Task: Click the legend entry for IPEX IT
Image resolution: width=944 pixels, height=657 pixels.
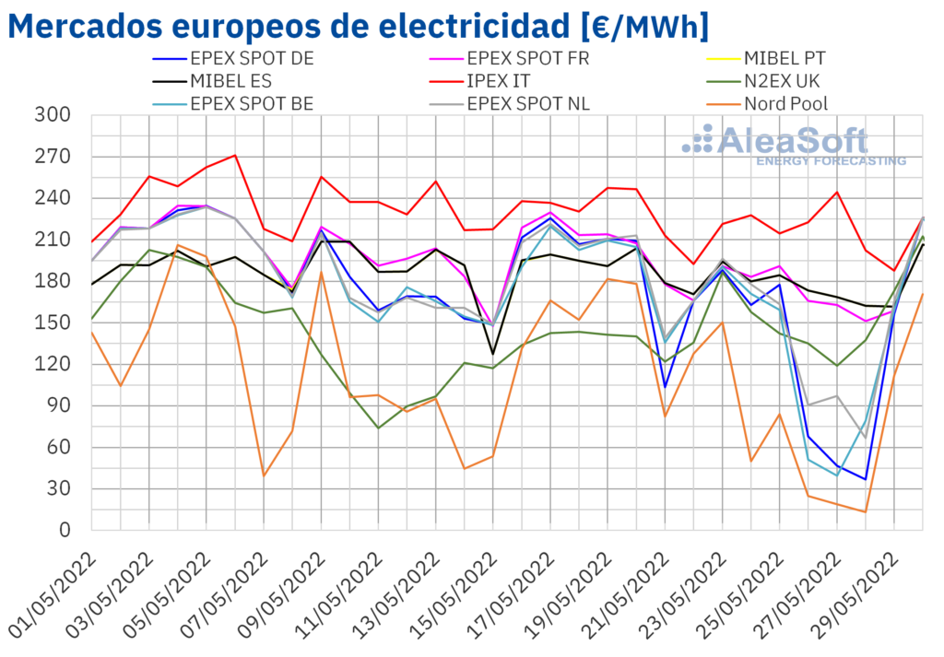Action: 512,81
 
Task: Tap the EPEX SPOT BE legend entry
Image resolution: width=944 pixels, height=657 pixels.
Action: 251,103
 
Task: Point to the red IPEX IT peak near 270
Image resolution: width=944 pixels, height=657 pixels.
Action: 236,155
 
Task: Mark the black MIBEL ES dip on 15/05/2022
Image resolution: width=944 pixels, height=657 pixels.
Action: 493,353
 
